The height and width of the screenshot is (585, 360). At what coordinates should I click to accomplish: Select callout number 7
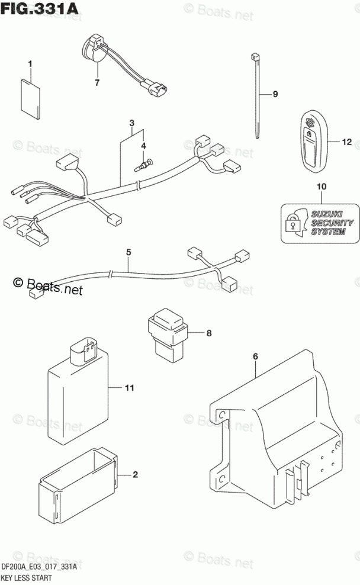(x=97, y=82)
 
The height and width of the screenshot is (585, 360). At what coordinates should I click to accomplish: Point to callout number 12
(x=346, y=142)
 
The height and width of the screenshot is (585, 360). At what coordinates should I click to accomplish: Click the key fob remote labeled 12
(x=308, y=141)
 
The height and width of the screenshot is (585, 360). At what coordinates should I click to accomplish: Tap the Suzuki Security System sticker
(x=320, y=223)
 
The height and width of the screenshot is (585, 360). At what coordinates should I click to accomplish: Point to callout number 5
(x=128, y=252)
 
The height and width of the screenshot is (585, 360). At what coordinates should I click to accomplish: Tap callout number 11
(x=129, y=388)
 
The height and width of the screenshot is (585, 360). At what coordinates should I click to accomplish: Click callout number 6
(x=255, y=356)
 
